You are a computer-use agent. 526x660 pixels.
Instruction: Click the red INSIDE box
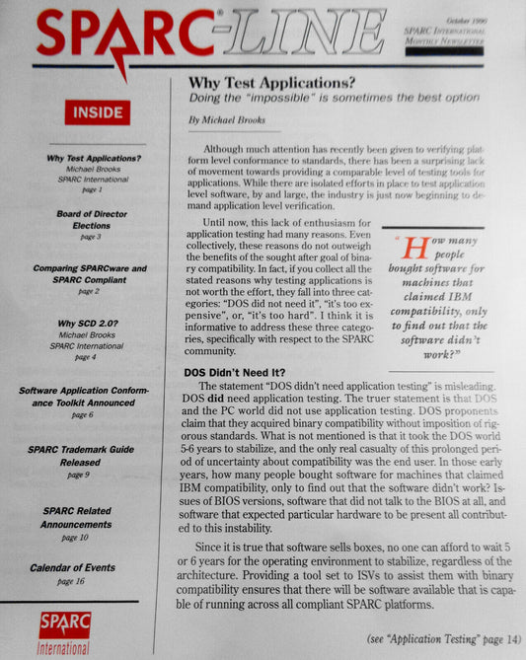point(97,112)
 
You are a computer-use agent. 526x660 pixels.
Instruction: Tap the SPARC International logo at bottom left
point(64,631)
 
